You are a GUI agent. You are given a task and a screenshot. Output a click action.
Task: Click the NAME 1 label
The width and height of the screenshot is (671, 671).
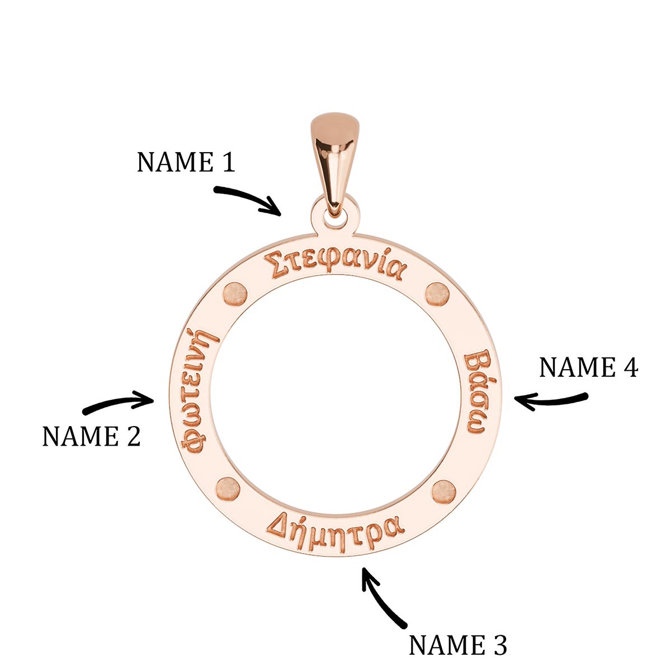click(186, 162)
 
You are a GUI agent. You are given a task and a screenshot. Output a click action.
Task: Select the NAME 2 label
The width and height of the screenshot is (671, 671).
click(91, 436)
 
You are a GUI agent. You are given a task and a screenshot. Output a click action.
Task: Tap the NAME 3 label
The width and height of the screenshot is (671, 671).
click(457, 645)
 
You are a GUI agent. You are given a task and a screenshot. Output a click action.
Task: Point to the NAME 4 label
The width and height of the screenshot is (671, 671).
click(588, 368)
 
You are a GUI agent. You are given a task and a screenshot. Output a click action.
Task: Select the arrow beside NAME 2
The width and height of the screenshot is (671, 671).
click(119, 403)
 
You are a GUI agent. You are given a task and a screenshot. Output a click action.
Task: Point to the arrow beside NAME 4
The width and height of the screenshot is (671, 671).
click(551, 400)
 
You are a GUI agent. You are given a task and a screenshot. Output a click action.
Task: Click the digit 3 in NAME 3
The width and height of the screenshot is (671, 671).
click(499, 645)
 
